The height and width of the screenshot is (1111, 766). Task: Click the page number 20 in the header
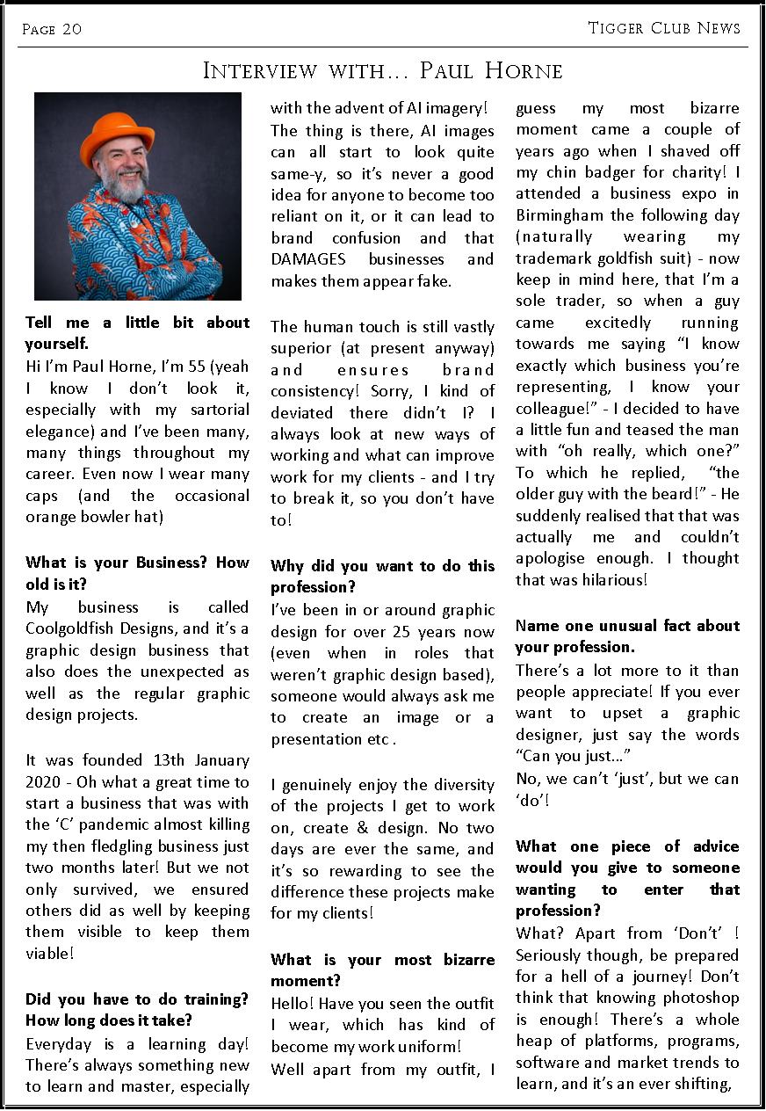click(72, 30)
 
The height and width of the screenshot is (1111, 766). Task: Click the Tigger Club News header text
click(664, 28)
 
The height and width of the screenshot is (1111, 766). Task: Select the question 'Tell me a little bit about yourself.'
click(137, 332)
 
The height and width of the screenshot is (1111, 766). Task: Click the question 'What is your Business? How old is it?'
click(137, 572)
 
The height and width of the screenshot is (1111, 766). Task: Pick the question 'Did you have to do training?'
click(137, 999)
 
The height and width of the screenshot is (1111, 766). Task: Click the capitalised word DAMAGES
click(308, 259)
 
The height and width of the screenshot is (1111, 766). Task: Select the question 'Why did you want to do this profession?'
click(382, 576)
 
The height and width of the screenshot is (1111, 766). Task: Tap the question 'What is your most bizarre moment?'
click(382, 969)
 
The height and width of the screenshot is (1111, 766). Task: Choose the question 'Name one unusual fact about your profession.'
click(627, 636)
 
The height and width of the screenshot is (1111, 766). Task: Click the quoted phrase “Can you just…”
click(573, 756)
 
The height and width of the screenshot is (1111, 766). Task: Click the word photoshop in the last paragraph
click(694, 998)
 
